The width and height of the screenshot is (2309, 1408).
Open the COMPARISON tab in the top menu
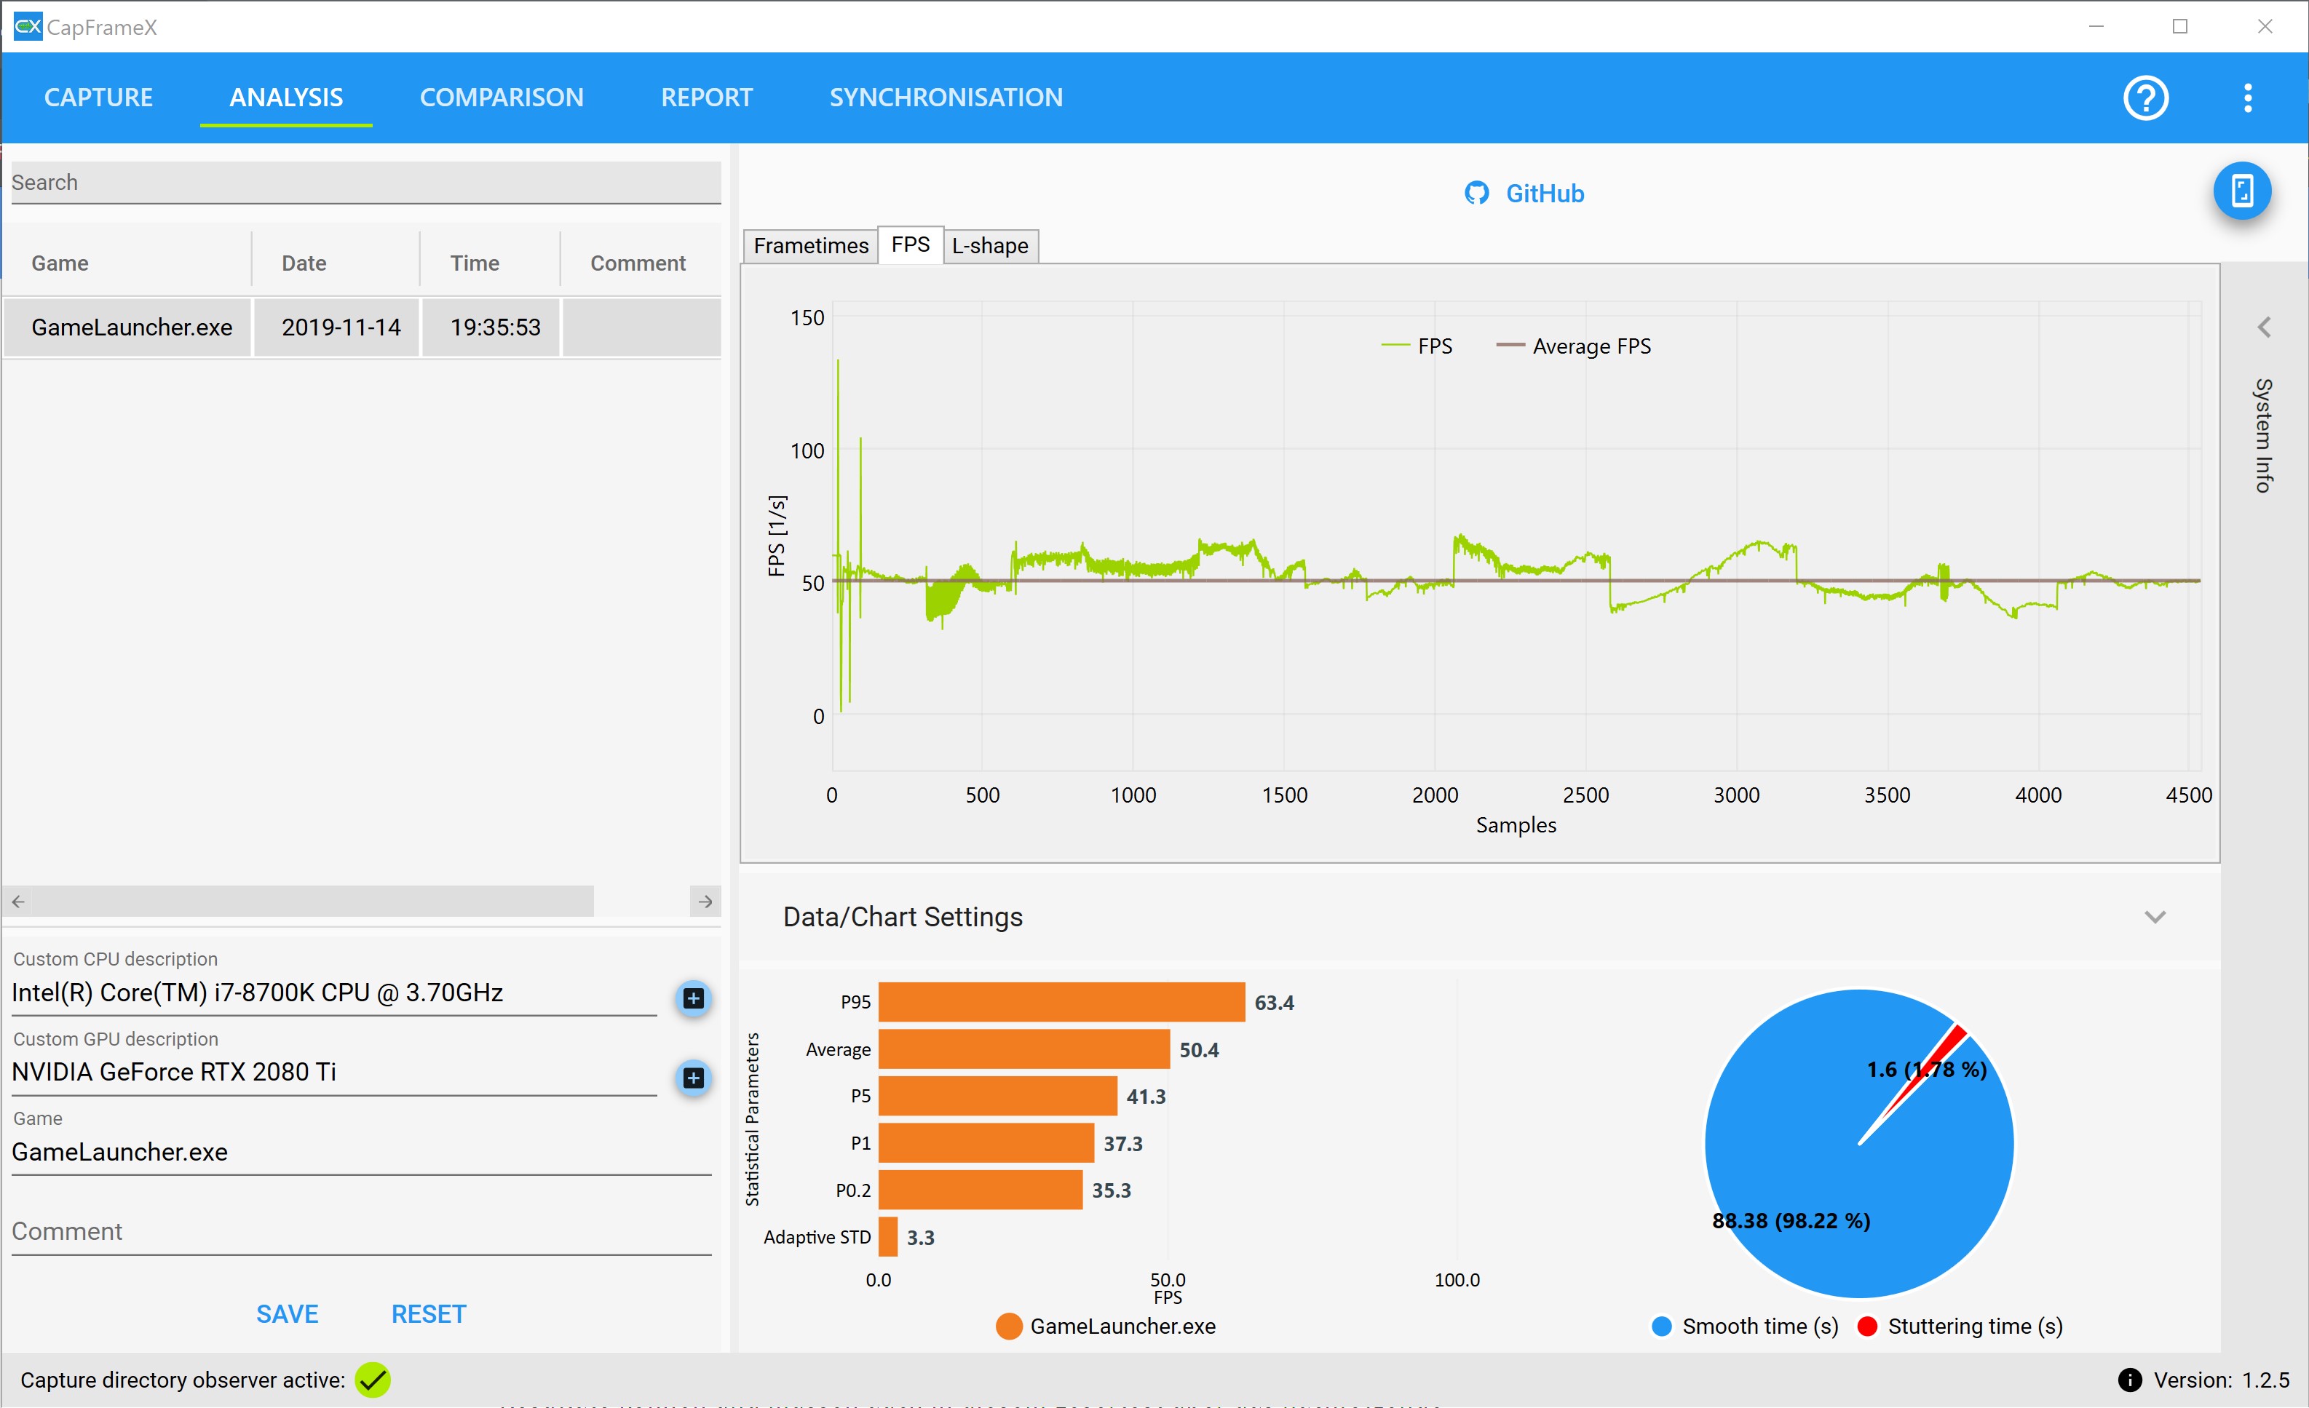(x=502, y=98)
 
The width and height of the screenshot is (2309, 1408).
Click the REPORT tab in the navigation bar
(x=707, y=98)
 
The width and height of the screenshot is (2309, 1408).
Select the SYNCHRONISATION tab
(x=946, y=98)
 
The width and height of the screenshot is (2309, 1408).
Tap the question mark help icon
(x=2145, y=98)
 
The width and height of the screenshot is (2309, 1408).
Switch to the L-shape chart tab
(x=989, y=245)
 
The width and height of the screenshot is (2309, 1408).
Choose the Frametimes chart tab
(x=811, y=245)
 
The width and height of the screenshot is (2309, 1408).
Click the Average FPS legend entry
(x=1575, y=346)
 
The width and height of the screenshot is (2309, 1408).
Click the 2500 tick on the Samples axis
(x=1585, y=795)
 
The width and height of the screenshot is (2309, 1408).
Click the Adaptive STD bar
(x=888, y=1236)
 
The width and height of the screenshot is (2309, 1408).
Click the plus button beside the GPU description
(x=694, y=1078)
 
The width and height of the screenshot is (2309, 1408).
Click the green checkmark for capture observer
(x=373, y=1379)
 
